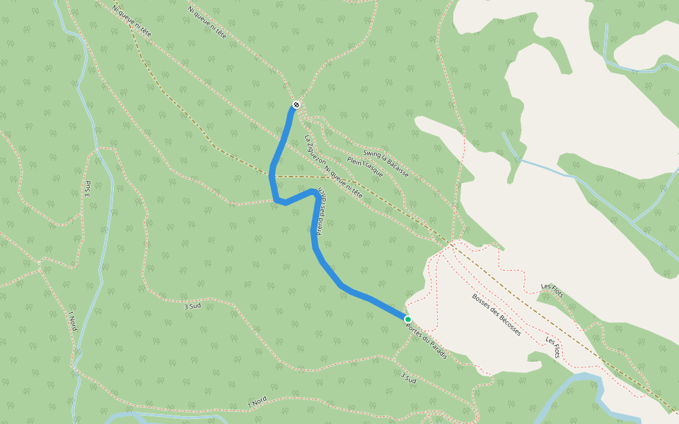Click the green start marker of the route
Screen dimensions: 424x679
(x=408, y=319)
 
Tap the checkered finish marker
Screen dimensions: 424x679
(x=296, y=105)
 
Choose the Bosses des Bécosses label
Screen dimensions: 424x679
(x=497, y=314)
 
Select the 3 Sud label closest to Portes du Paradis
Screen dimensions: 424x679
(x=408, y=377)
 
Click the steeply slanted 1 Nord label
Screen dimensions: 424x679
(x=72, y=322)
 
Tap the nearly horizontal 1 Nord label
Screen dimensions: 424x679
(x=257, y=404)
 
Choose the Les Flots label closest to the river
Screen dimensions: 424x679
(x=552, y=347)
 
